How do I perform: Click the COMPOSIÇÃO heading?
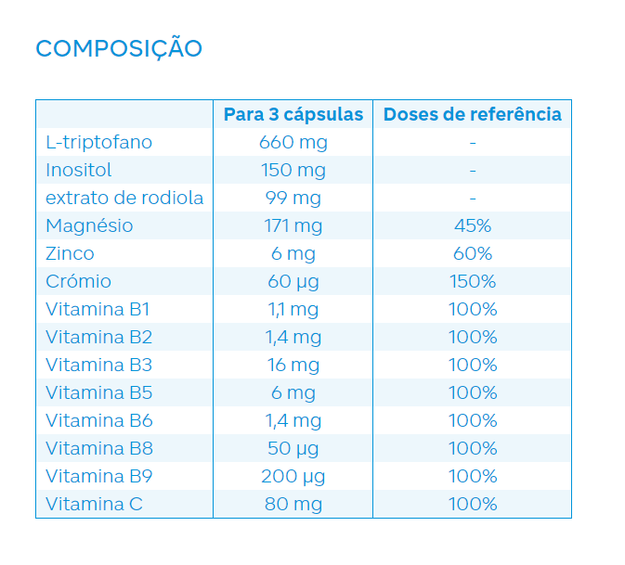click(118, 48)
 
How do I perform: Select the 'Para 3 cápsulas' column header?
click(293, 114)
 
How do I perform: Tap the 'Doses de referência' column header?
click(472, 114)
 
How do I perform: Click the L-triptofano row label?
click(98, 142)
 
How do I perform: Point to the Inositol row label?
click(79, 170)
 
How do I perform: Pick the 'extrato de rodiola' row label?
click(124, 198)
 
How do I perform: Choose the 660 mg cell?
click(293, 142)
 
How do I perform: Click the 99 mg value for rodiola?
click(293, 198)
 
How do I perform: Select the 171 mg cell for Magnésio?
click(293, 225)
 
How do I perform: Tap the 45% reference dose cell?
click(473, 225)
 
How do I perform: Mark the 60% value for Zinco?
click(473, 253)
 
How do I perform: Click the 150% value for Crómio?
click(473, 281)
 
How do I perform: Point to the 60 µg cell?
click(293, 281)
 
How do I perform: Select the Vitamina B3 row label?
click(98, 365)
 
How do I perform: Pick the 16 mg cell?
click(293, 365)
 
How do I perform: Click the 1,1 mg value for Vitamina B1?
click(293, 309)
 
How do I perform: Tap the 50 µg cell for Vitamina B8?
click(293, 448)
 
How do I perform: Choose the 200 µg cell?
click(293, 476)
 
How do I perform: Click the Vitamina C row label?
click(94, 504)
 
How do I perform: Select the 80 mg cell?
click(293, 504)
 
